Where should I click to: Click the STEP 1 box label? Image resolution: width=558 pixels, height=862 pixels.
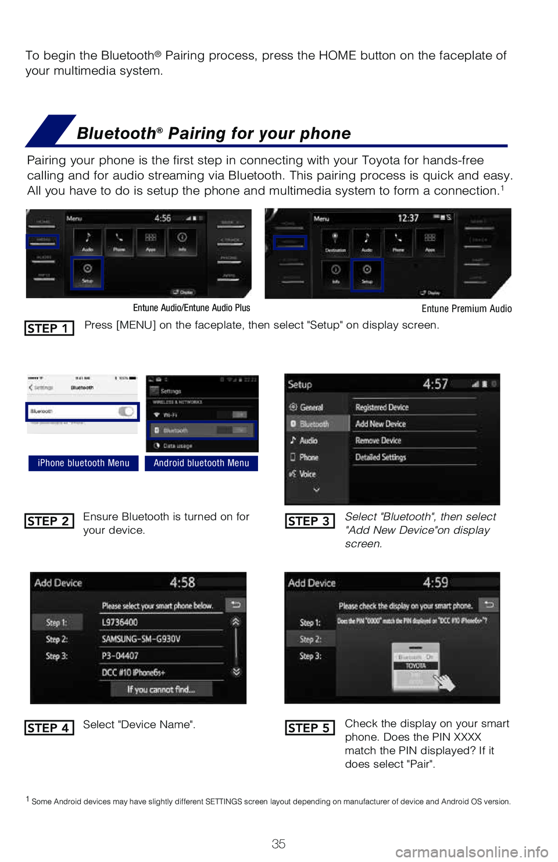point(49,328)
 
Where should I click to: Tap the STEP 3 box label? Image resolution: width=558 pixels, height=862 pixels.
point(309,521)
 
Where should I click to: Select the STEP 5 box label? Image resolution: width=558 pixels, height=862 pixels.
point(309,728)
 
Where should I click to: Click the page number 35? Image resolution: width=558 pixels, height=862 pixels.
point(278,844)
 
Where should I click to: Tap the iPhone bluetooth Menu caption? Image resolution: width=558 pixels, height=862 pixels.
point(83,463)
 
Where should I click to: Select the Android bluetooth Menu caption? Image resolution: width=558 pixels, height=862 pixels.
point(201,463)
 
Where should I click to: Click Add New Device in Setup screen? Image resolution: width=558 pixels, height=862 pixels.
point(381,424)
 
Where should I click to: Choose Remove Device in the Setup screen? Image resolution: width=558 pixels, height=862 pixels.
point(378,441)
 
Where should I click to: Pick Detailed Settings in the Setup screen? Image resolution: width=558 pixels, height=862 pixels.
point(381,458)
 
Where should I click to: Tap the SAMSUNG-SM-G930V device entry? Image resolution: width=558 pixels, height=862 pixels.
point(141,639)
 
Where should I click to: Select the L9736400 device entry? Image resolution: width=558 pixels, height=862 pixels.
point(120,622)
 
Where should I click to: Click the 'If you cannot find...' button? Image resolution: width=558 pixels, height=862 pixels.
point(161,689)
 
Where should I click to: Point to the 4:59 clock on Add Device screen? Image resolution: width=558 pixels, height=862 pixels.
point(435,582)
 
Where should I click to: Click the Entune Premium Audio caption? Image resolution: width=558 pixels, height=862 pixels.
point(466,308)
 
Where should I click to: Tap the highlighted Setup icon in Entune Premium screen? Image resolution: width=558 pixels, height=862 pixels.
point(367,274)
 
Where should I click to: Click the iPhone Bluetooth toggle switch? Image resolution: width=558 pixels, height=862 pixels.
point(126,411)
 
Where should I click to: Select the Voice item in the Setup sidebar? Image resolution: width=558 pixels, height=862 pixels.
point(307,474)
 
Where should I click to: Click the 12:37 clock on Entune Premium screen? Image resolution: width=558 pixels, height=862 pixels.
point(408,218)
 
